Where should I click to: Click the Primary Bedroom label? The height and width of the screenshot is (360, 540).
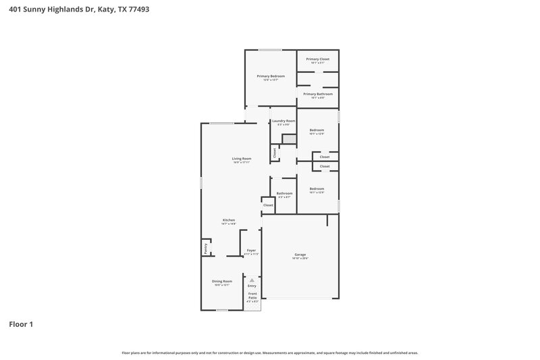pyautogui.click(x=271, y=76)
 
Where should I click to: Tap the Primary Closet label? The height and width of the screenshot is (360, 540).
pyautogui.click(x=317, y=59)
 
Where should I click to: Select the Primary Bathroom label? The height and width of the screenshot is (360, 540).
pyautogui.click(x=317, y=94)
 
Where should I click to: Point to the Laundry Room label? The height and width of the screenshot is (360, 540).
pyautogui.click(x=283, y=121)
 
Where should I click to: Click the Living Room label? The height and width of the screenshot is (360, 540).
pyautogui.click(x=242, y=159)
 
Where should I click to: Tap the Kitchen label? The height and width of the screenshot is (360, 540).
pyautogui.click(x=229, y=220)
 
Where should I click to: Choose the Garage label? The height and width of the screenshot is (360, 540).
pyautogui.click(x=300, y=255)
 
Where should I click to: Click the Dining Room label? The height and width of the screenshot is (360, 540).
pyautogui.click(x=223, y=281)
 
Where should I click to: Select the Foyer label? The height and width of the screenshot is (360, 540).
pyautogui.click(x=251, y=251)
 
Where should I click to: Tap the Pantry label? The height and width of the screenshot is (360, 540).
pyautogui.click(x=205, y=249)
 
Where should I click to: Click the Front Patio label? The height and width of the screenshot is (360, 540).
pyautogui.click(x=252, y=295)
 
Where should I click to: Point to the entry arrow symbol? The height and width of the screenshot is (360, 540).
pyautogui.click(x=252, y=279)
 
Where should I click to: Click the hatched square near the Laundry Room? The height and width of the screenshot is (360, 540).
pyautogui.click(x=289, y=138)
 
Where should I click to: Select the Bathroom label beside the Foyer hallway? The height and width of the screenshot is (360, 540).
pyautogui.click(x=284, y=193)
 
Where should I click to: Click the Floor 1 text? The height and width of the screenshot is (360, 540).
pyautogui.click(x=21, y=324)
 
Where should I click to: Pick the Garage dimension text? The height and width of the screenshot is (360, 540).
pyautogui.click(x=300, y=259)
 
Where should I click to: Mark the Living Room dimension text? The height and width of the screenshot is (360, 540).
pyautogui.click(x=242, y=163)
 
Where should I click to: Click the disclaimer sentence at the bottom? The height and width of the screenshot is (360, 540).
pyautogui.click(x=269, y=353)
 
